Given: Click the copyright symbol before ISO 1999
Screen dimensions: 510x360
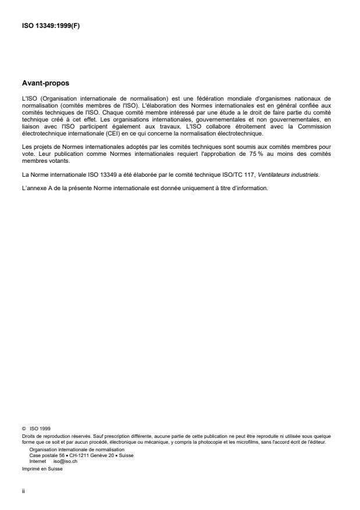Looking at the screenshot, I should [23, 429].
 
